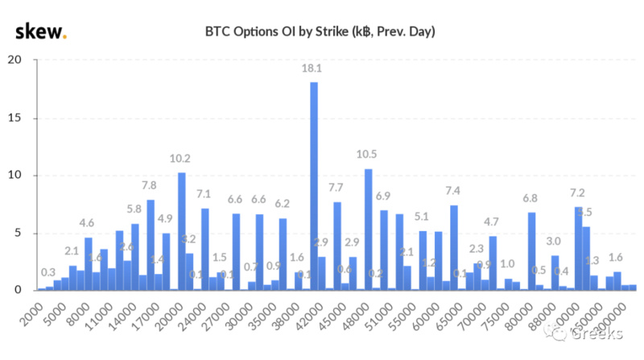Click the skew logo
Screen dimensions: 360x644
tap(41, 31)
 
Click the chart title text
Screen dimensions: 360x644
tap(321, 32)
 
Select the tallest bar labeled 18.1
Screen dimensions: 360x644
tap(314, 185)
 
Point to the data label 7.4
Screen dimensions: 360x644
tap(454, 192)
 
